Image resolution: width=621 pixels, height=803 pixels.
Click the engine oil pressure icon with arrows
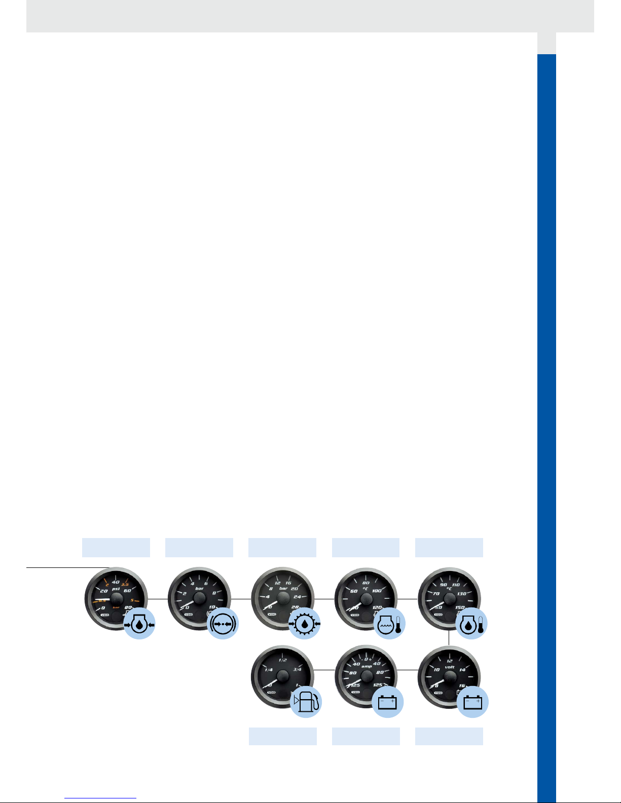click(139, 624)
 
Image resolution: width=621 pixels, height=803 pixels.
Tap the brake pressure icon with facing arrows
click(223, 624)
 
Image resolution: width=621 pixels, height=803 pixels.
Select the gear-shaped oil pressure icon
click(304, 624)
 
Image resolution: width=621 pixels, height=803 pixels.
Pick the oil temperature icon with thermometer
click(472, 624)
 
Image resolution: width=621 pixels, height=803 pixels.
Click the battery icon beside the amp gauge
click(388, 702)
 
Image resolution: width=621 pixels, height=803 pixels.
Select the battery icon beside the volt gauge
click(472, 702)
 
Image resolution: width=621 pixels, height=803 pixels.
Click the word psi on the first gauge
click(116, 589)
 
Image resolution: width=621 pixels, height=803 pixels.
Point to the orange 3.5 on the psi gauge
click(125, 584)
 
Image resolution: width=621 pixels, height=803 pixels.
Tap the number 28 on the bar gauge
click(296, 606)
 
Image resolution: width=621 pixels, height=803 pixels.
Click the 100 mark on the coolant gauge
click(377, 591)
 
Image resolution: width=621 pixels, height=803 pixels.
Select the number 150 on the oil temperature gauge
click(460, 607)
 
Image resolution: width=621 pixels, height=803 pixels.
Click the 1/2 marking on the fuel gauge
click(283, 660)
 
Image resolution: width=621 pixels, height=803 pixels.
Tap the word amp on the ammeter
click(367, 667)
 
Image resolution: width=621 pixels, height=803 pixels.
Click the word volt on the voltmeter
click(449, 667)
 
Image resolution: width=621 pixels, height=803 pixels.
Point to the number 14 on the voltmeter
click(462, 670)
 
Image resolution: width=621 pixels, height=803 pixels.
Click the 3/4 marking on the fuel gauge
click(297, 669)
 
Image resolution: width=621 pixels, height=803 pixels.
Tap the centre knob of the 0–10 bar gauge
click(199, 598)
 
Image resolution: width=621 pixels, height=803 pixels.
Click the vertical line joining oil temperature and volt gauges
click(449, 638)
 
